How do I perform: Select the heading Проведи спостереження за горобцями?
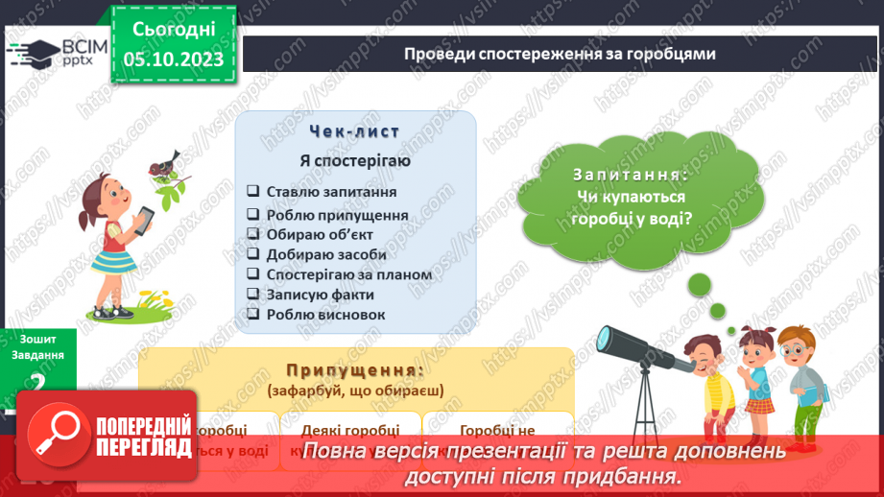[x=561, y=54]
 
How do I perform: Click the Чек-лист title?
[x=355, y=131]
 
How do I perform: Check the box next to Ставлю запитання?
[x=251, y=190]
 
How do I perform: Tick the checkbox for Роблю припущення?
[x=251, y=216]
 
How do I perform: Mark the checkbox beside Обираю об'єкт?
[x=251, y=234]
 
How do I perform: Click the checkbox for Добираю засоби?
[x=251, y=254]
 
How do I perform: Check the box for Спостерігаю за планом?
[x=251, y=274]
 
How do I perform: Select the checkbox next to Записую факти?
[x=251, y=295]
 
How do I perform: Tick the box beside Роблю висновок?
[x=251, y=314]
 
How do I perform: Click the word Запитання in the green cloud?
[x=631, y=176]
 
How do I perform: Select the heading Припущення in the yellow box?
[x=355, y=369]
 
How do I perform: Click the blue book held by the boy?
[x=811, y=393]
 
